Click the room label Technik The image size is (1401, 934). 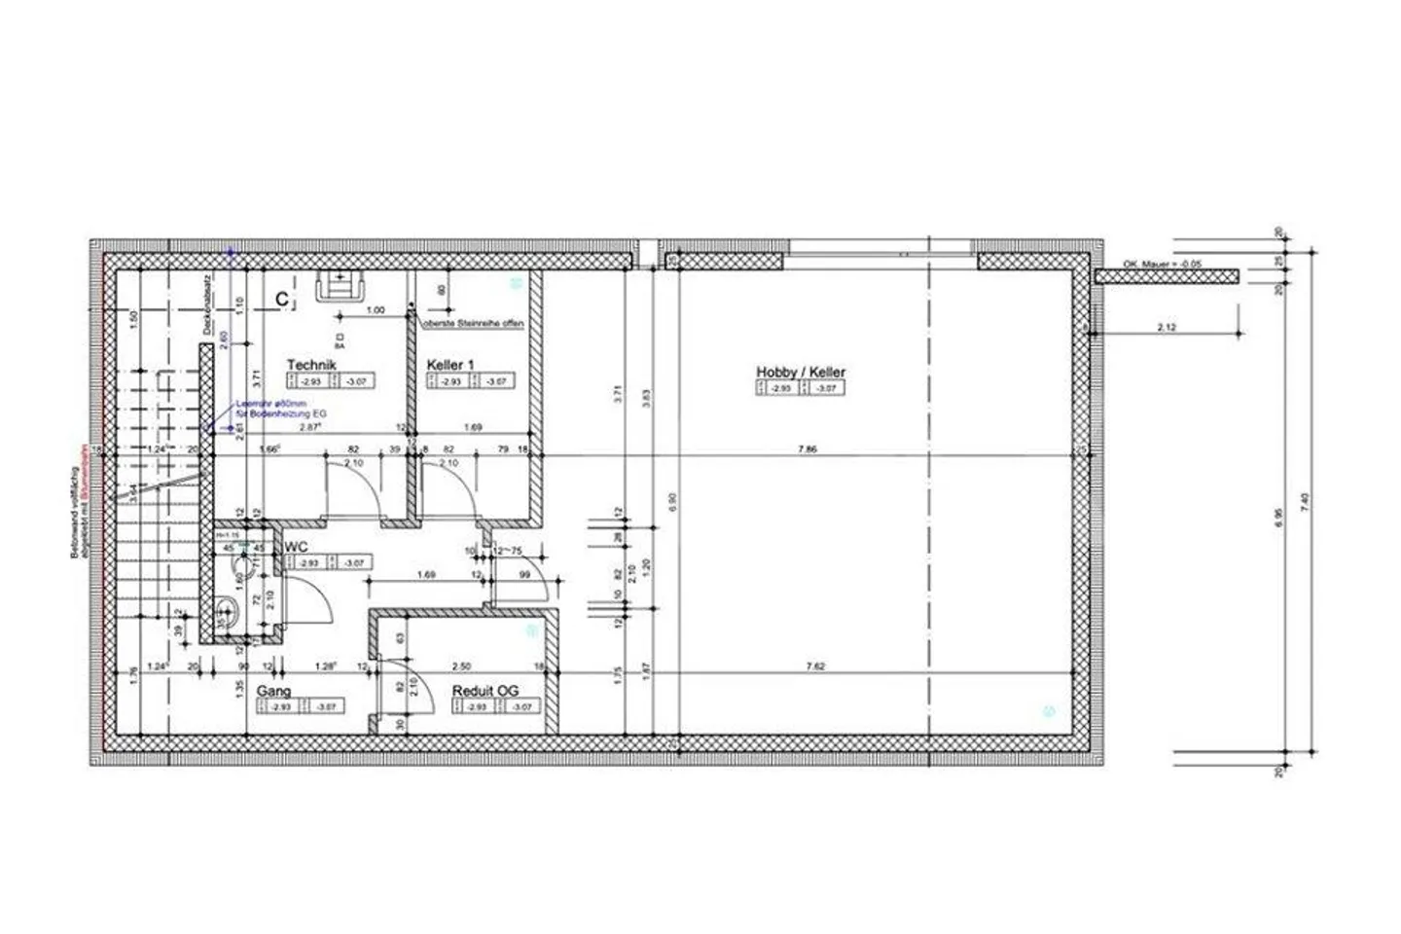[x=311, y=365]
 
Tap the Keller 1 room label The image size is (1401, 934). [x=450, y=365]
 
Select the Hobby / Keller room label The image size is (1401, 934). [x=801, y=372]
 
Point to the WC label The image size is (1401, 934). [x=297, y=548]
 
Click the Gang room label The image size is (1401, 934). [x=274, y=691]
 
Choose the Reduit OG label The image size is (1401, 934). [x=485, y=691]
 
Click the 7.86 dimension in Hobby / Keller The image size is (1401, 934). [x=807, y=449]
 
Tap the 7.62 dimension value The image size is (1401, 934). [x=815, y=666]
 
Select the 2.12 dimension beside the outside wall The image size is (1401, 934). [x=1167, y=329]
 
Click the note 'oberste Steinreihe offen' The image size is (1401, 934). [x=473, y=323]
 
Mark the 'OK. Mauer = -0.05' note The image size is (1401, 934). [x=1164, y=264]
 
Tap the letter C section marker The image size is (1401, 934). [x=281, y=300]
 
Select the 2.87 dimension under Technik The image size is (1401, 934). [x=309, y=427]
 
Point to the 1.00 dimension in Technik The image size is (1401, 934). [x=375, y=310]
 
